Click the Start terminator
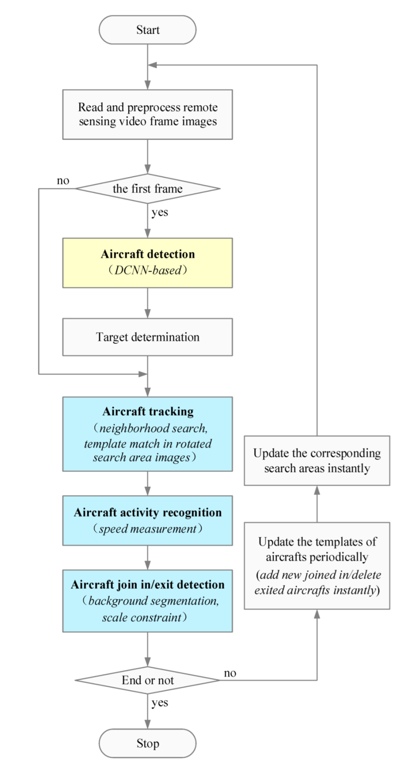click(x=147, y=30)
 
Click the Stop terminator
click(x=147, y=743)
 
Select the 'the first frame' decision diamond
click(x=147, y=189)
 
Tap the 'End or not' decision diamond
click(x=147, y=680)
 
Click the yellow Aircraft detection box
click(x=147, y=263)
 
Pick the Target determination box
click(x=147, y=337)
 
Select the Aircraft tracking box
click(x=147, y=434)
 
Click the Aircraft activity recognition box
click(x=147, y=520)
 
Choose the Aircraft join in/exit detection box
click(x=147, y=601)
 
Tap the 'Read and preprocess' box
click(x=147, y=114)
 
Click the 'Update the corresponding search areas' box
click(x=317, y=460)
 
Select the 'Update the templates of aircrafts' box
click(x=317, y=565)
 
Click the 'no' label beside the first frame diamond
click(x=63, y=181)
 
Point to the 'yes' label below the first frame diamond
click(x=160, y=212)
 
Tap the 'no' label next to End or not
click(x=230, y=673)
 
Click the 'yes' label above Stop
click(x=160, y=702)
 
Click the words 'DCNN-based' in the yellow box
click(x=147, y=270)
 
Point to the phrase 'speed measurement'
click(x=147, y=528)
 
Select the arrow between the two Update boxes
click(x=317, y=504)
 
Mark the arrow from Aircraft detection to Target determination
click(x=147, y=303)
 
